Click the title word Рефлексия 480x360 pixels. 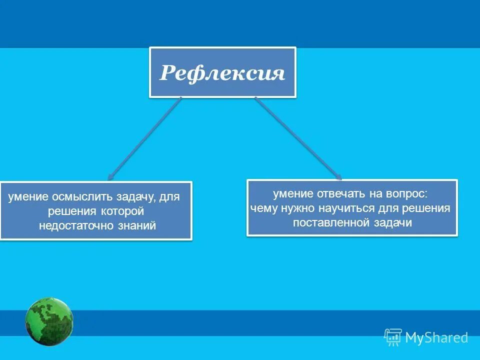pyautogui.click(x=222, y=73)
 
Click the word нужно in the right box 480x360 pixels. pyautogui.click(x=291, y=208)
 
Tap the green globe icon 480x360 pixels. pyautogui.click(x=49, y=321)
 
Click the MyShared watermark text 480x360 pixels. pyautogui.click(x=436, y=338)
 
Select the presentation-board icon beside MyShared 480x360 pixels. pyautogui.click(x=393, y=337)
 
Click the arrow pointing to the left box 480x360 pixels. pyautogui.click(x=144, y=138)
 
